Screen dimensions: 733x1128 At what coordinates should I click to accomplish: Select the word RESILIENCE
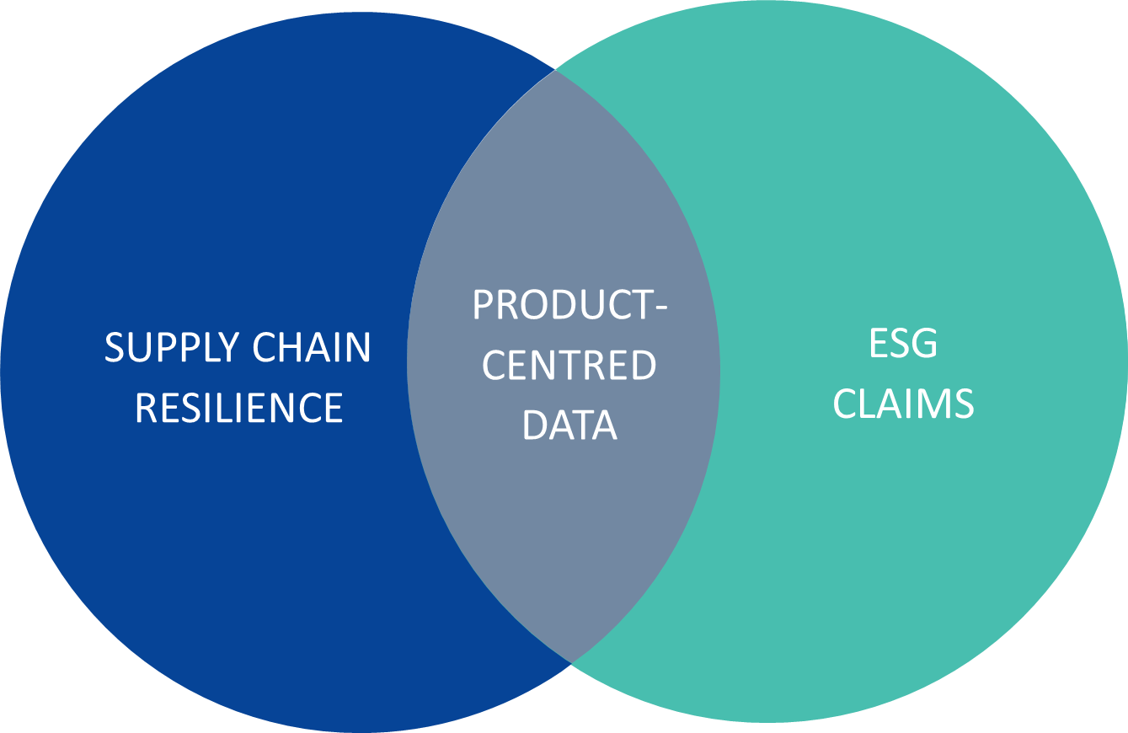(x=238, y=407)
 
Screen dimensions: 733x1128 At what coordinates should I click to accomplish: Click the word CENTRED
(x=569, y=365)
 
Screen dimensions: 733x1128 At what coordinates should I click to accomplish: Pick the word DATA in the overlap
(x=569, y=425)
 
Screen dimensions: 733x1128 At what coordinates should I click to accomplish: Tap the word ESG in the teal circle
(x=903, y=343)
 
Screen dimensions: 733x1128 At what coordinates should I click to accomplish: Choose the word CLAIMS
(x=903, y=404)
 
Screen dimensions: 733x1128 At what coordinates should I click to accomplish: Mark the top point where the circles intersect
(x=555, y=69)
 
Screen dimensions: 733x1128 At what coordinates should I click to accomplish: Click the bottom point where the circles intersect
(x=570, y=663)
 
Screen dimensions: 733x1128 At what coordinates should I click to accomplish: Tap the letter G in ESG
(x=924, y=343)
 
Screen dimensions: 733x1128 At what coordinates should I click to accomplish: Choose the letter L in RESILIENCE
(x=233, y=407)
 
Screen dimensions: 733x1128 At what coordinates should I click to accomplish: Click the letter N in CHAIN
(x=358, y=347)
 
